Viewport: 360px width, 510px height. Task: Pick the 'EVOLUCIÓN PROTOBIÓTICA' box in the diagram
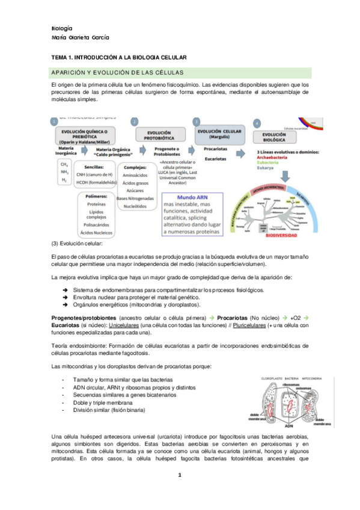(x=159, y=135)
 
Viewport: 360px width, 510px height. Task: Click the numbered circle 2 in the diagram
(x=134, y=121)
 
